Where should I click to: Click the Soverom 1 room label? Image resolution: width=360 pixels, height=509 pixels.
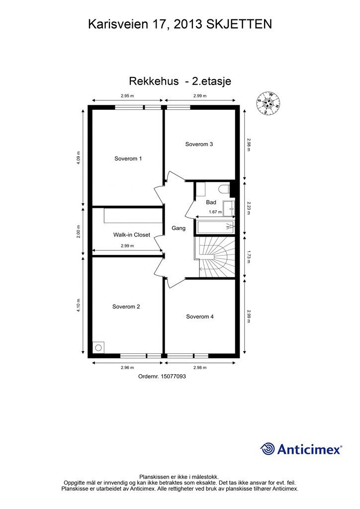(x=128, y=159)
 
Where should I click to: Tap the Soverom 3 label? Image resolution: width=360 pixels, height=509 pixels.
(x=199, y=144)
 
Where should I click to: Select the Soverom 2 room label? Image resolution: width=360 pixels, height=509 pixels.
(x=126, y=307)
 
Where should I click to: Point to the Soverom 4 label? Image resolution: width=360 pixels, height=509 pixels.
(x=200, y=317)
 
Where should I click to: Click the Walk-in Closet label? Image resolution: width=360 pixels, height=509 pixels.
(x=131, y=235)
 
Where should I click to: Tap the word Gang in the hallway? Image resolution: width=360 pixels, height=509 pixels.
(x=179, y=228)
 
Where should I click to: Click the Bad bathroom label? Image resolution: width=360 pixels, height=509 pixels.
(x=211, y=202)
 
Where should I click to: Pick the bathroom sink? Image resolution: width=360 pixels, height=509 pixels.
(x=229, y=208)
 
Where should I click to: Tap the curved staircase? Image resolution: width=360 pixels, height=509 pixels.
(x=214, y=257)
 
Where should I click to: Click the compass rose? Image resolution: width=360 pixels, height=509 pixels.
(x=268, y=103)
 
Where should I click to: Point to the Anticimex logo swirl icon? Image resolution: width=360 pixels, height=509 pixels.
(x=268, y=449)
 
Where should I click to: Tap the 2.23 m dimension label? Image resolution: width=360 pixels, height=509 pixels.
(x=249, y=207)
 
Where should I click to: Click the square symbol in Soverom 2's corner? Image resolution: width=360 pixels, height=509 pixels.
(x=98, y=347)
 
